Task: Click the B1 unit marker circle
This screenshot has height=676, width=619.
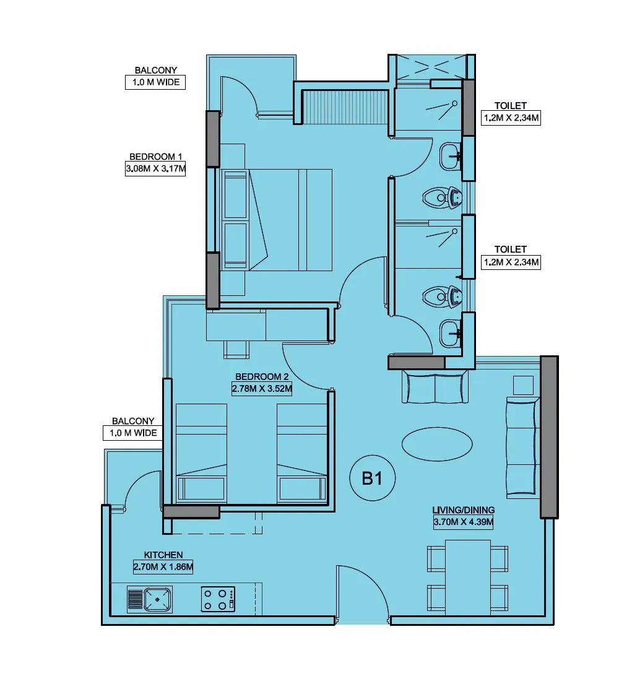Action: [x=372, y=478]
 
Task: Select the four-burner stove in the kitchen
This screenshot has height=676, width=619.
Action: [x=218, y=599]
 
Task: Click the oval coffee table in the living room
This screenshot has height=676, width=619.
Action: [x=437, y=444]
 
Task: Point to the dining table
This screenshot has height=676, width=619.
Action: [x=468, y=578]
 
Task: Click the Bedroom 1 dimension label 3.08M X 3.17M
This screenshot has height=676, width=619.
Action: [x=155, y=168]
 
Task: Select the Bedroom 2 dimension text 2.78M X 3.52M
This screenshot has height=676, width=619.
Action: [x=262, y=388]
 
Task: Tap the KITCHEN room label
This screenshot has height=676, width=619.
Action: [x=163, y=555]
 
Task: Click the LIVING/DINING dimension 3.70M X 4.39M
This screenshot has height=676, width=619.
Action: [x=464, y=522]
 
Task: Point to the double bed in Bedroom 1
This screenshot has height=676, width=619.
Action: [x=276, y=220]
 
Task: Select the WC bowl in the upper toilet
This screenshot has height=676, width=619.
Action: [x=442, y=198]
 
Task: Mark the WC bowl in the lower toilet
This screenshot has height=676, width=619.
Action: [x=442, y=297]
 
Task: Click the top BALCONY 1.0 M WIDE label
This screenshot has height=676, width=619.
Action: [x=155, y=77]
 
